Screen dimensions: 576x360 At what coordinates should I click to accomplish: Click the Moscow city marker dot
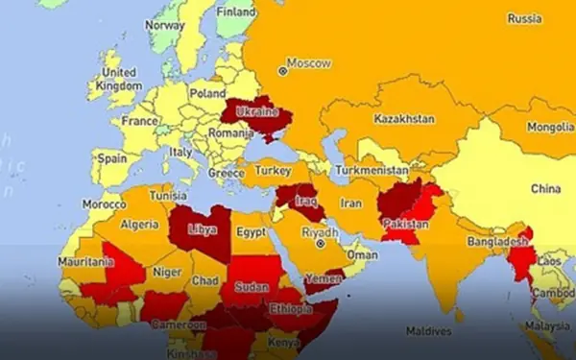[282, 69]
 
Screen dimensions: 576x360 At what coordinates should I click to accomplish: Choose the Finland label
[236, 12]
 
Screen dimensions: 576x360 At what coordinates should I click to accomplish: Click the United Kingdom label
[119, 79]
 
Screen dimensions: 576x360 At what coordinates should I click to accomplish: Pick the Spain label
[112, 157]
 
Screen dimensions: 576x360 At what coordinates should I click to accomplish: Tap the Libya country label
[202, 231]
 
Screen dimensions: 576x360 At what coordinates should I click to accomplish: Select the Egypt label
[251, 232]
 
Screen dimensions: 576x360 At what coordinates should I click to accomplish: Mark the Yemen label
[324, 279]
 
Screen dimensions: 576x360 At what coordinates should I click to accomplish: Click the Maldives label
[428, 331]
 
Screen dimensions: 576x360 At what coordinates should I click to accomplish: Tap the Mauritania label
[85, 262]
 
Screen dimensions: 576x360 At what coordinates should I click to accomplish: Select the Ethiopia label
[290, 310]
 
